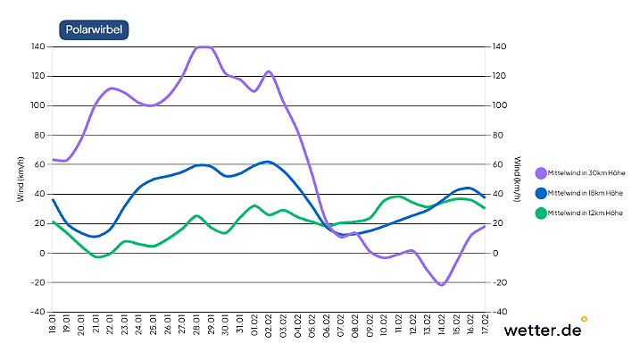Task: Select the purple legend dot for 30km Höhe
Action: tap(541, 173)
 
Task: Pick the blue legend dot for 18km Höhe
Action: tap(541, 193)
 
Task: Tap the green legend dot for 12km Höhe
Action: tap(541, 213)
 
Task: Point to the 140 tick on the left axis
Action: tap(37, 46)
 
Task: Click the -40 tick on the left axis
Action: tap(37, 312)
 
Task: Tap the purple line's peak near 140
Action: tap(204, 46)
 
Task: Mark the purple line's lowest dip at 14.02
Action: tap(441, 285)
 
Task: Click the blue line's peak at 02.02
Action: tap(267, 162)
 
